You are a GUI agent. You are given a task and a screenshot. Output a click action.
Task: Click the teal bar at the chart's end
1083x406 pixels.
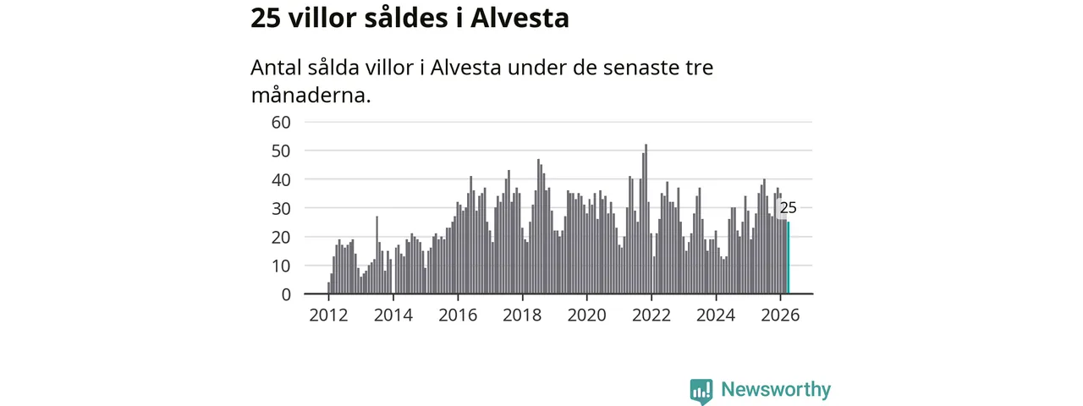pos(789,258)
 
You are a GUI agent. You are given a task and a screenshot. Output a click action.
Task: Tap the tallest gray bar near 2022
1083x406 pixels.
pos(646,219)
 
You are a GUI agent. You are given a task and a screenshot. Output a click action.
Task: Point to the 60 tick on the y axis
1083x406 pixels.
pos(281,123)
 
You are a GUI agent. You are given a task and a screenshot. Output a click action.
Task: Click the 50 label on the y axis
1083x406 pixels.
pos(281,151)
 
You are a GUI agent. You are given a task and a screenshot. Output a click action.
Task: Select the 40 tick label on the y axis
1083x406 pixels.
pos(281,180)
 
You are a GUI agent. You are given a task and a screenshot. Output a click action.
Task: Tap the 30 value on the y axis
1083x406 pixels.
pos(281,208)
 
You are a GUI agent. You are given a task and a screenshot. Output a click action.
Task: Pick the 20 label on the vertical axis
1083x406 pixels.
pos(281,238)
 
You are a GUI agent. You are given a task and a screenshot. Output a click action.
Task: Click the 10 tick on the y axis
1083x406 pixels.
pos(281,266)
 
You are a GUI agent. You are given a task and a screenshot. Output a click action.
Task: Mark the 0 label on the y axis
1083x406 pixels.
pos(286,294)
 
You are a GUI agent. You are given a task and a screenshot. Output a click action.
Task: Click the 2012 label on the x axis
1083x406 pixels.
pos(329,315)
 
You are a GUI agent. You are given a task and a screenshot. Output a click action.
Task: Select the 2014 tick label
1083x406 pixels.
pos(393,315)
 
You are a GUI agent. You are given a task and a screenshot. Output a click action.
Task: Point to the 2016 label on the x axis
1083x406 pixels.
pos(458,315)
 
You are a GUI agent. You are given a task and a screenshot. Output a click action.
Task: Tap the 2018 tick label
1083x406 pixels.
pos(522,315)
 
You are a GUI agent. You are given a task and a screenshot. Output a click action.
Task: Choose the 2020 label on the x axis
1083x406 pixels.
pos(587,315)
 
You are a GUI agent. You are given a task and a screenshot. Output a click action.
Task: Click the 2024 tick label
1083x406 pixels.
pos(716,315)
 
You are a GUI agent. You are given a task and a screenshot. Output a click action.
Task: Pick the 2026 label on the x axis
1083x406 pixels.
pos(780,315)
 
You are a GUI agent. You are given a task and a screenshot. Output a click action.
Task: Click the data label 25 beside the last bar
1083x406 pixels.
pos(788,208)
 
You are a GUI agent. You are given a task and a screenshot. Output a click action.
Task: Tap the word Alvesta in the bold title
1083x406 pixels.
pos(520,19)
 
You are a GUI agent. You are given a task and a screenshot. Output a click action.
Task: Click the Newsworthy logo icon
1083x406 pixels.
pos(701,391)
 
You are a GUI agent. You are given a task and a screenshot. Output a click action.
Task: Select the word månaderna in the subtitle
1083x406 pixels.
pos(311,96)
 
